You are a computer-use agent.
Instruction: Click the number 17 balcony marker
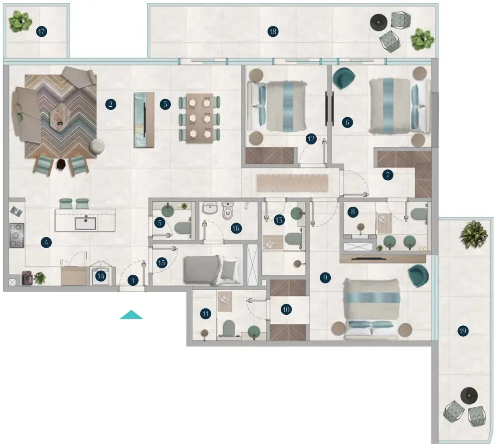tap(41, 31)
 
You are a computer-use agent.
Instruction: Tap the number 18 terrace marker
tap(273, 31)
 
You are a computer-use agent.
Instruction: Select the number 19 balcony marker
tap(463, 331)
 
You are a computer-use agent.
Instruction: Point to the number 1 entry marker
tap(133, 280)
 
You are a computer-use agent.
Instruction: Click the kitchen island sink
tap(85, 223)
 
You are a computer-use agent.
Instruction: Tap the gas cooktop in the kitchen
tap(16, 236)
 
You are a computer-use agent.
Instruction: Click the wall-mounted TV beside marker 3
tap(144, 120)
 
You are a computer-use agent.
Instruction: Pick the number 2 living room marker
tap(110, 104)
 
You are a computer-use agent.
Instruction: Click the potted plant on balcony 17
tap(20, 21)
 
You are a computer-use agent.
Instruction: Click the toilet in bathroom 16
tap(228, 210)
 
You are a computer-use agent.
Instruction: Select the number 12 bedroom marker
tap(311, 139)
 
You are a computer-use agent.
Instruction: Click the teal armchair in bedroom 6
tap(343, 78)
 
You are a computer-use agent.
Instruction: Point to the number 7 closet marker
tap(388, 175)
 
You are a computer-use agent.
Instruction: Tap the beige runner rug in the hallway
tap(292, 183)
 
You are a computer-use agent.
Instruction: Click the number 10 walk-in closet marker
tap(286, 309)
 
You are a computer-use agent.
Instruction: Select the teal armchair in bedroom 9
tap(418, 276)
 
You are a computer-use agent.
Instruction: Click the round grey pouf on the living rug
tap(97, 146)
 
